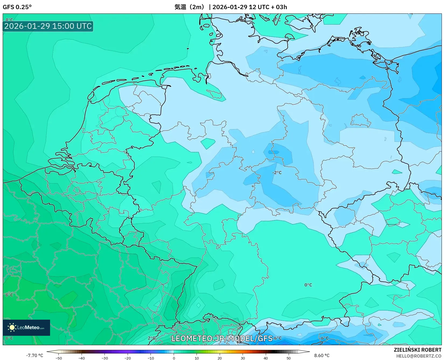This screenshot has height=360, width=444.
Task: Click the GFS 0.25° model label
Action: coord(17,7)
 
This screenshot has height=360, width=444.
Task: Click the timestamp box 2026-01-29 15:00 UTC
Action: coord(48,26)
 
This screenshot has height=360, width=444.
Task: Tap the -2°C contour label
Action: coord(277,172)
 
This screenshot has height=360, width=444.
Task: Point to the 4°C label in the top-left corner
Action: coord(9,20)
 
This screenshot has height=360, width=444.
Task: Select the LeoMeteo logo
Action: coord(26,327)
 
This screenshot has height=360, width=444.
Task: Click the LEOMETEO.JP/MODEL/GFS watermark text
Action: coord(222,338)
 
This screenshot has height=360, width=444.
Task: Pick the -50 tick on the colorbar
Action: coord(58,358)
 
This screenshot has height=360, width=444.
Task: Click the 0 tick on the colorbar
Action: coord(174,358)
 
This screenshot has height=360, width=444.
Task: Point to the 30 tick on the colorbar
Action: coord(243,358)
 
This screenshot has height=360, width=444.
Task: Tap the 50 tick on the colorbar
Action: coord(289,358)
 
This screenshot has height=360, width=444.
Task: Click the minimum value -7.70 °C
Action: coord(34,355)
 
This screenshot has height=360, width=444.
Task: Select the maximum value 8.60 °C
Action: coord(322,355)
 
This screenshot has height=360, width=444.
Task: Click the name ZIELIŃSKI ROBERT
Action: coord(418,350)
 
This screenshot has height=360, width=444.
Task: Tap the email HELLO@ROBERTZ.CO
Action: coord(419,356)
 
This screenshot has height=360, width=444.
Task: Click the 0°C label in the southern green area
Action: coord(308,285)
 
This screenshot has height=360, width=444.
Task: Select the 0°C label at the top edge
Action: coord(277,20)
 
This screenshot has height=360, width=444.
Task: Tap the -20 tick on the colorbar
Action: coord(128,358)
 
